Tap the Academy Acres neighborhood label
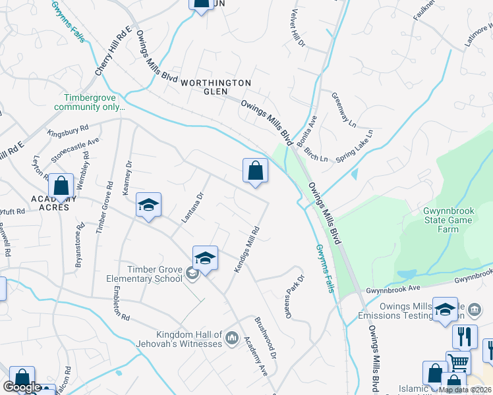click(59, 203)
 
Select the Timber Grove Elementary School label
click(145, 274)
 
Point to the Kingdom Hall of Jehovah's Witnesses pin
click(231, 339)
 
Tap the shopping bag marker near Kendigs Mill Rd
click(255, 171)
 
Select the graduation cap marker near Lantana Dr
click(149, 205)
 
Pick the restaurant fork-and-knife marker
click(465, 336)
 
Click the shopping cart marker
click(458, 362)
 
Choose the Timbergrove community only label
click(90, 102)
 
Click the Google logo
click(22, 387)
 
